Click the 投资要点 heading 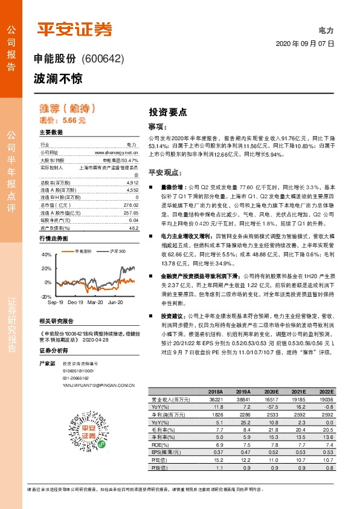(168, 112)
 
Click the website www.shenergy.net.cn (123, 154)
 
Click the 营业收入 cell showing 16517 (271, 400)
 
